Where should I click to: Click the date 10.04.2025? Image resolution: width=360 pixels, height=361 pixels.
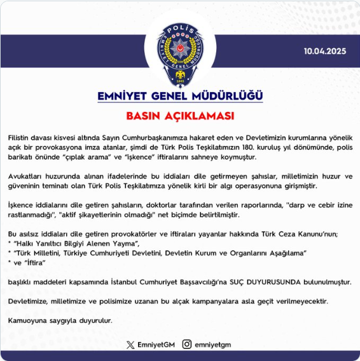coord(325,52)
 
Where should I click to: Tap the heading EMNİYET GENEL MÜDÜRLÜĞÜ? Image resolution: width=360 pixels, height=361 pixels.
coord(180,96)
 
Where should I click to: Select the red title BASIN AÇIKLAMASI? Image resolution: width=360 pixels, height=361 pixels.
coord(180,116)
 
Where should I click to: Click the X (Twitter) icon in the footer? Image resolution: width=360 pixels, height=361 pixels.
coord(130,344)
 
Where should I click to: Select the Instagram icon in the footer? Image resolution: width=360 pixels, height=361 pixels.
coord(186,344)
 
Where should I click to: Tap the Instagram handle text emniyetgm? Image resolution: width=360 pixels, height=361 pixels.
coord(212,344)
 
